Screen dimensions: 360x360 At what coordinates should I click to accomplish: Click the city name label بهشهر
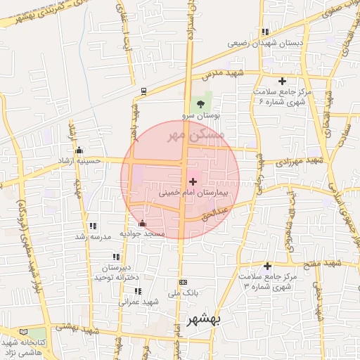pos(204,320)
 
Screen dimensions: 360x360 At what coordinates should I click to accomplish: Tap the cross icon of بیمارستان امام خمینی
pos(193,181)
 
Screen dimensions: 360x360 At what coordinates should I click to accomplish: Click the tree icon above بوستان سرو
pos(202,104)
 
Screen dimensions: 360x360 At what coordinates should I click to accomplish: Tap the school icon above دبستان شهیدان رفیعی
pos(265,32)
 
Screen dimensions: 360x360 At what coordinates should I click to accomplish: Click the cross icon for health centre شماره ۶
pos(283,81)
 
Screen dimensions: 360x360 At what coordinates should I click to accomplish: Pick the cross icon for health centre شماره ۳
pos(267,266)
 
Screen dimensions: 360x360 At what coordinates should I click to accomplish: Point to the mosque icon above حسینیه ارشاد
pos(79,149)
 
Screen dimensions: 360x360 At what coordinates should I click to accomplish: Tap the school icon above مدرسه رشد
pos(92,226)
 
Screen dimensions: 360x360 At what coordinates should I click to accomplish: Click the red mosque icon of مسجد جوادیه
pos(143,223)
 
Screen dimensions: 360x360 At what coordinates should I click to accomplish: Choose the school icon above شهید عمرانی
pos(138,290)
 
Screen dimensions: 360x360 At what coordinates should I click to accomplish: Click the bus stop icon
pos(144,91)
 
